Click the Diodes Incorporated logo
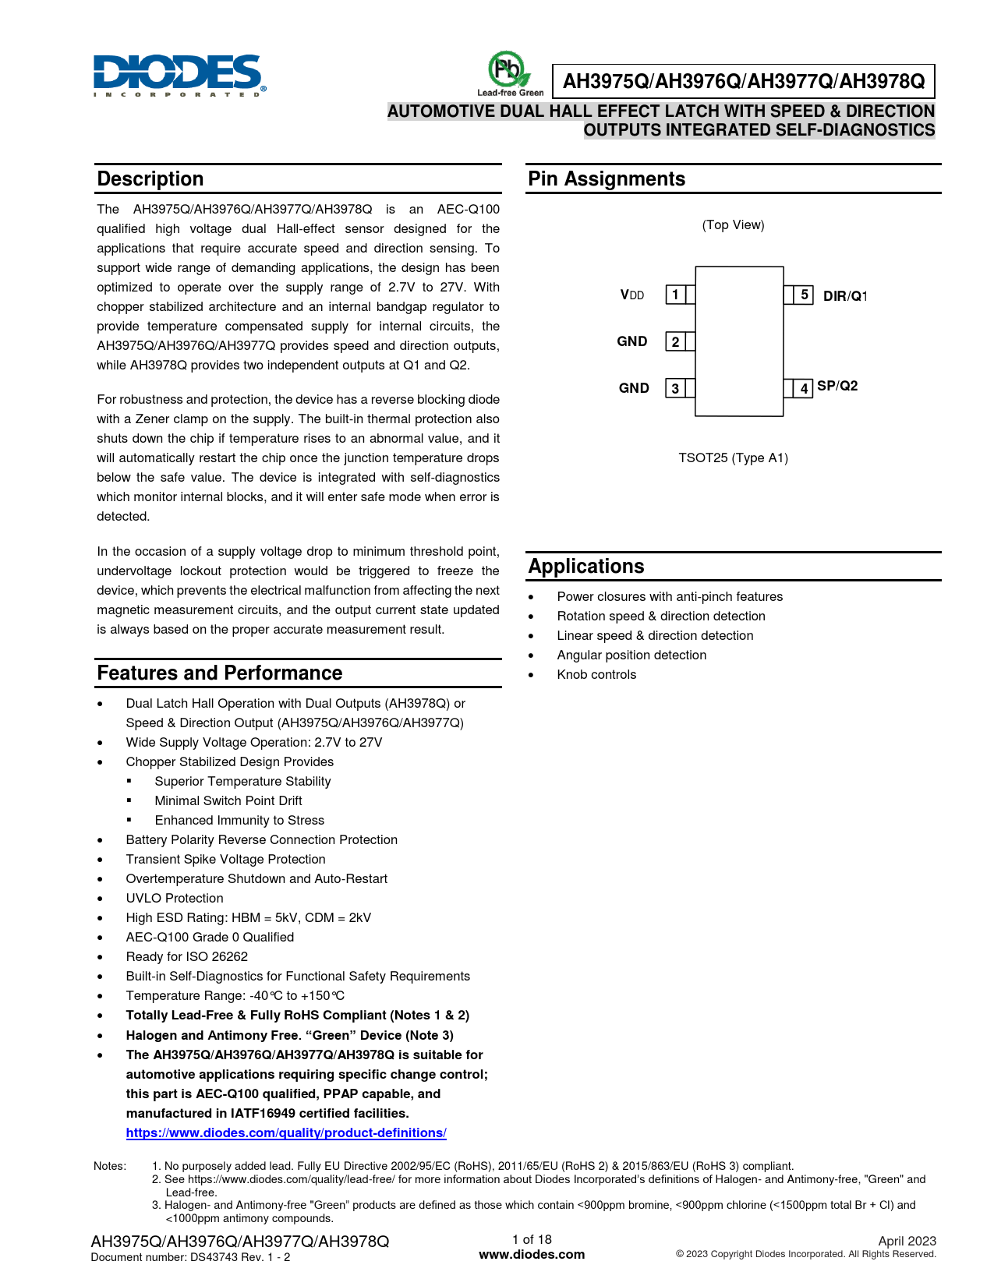[x=179, y=76]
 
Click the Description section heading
[x=150, y=179]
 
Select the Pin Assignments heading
[x=606, y=179]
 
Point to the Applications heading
[x=586, y=567]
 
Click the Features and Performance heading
[x=219, y=673]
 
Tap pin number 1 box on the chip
[x=675, y=295]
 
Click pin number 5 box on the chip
[x=804, y=295]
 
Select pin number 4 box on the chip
[x=804, y=388]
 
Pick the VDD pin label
[x=632, y=295]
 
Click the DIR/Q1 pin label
[x=845, y=296]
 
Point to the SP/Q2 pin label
[x=837, y=386]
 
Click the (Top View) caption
[x=733, y=225]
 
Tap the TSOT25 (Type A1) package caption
[x=733, y=458]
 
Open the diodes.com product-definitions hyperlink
[x=286, y=1133]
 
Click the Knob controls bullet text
[x=596, y=675]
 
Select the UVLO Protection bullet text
[x=175, y=899]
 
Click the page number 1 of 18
[x=532, y=1239]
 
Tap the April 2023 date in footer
[x=907, y=1241]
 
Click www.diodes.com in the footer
[x=532, y=1254]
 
